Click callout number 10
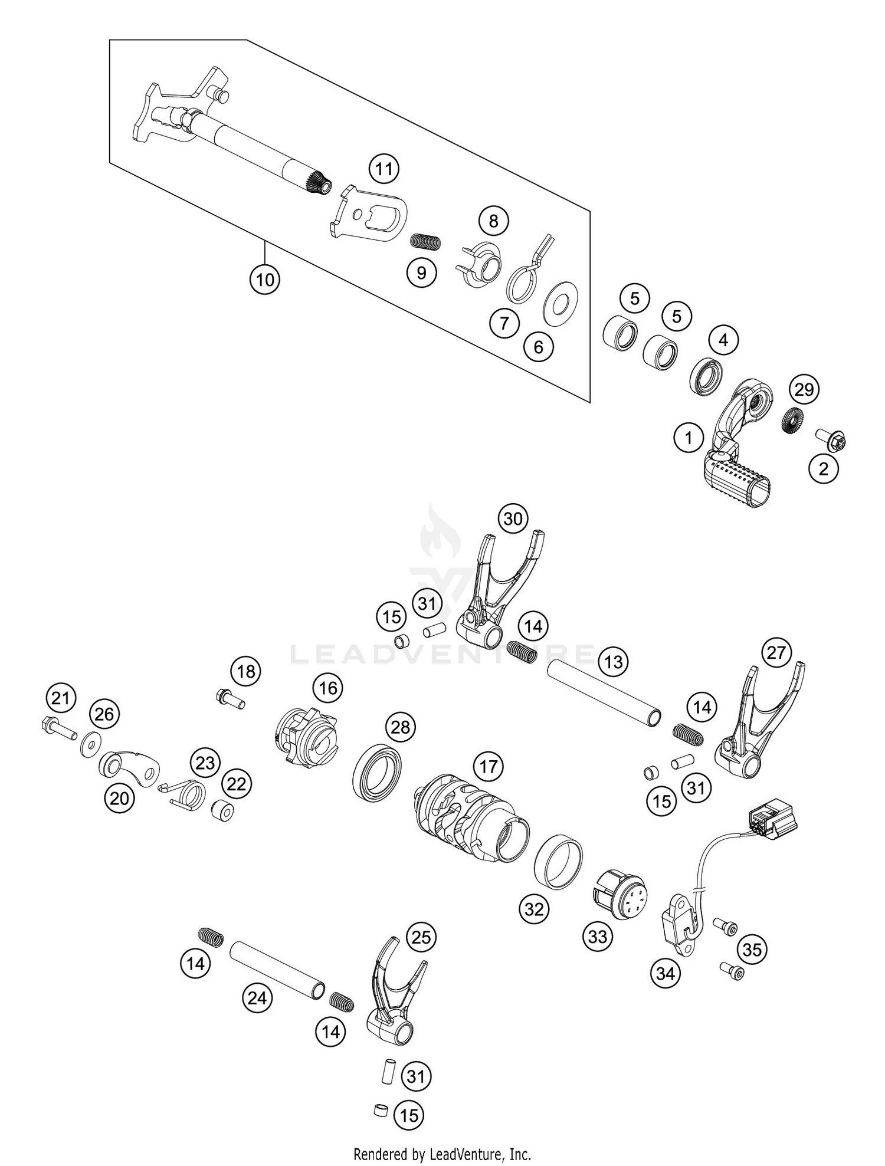[265, 280]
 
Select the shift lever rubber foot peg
[737, 482]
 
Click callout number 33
[598, 936]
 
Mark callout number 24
[257, 998]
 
